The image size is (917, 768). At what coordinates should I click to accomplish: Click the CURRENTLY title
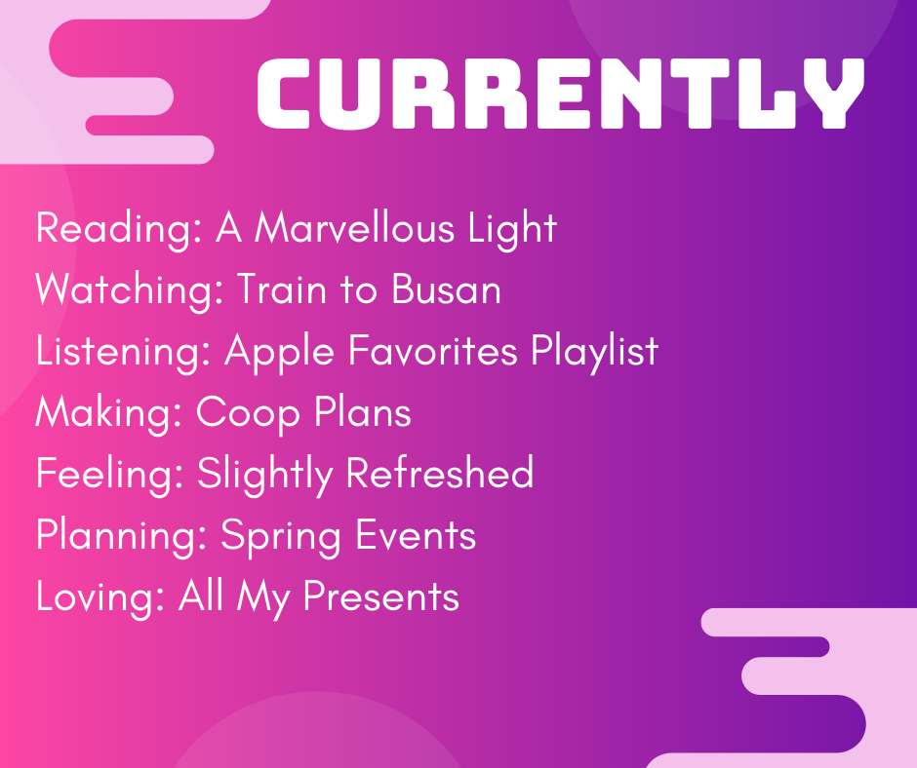coord(561,94)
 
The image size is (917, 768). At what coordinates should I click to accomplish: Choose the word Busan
coord(446,288)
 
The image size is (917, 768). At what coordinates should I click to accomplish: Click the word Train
coord(281,288)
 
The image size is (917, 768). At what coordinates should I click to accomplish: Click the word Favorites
coord(433,350)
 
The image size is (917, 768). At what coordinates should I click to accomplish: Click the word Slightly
coord(265,475)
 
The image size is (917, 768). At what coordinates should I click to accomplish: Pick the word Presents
coord(380,596)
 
